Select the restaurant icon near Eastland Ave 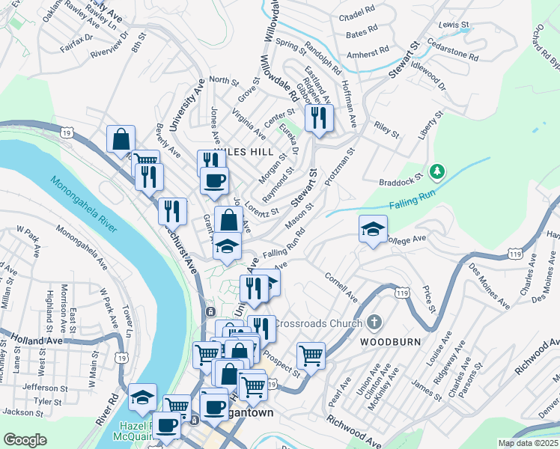[x=320, y=118]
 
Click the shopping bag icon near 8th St [x=121, y=139]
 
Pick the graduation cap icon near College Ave [x=372, y=230]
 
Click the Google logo [x=25, y=439]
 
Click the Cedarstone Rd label [x=452, y=55]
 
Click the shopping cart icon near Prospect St [x=311, y=355]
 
